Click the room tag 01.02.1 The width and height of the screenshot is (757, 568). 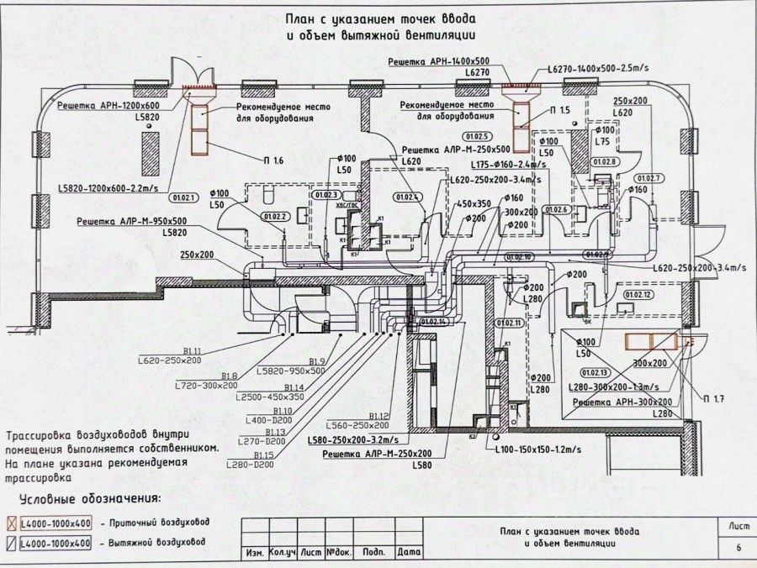pyautogui.click(x=184, y=199)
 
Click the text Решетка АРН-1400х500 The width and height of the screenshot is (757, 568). pyautogui.click(x=438, y=62)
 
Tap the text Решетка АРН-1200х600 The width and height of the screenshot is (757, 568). pyautogui.click(x=109, y=106)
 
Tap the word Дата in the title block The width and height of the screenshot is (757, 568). pyautogui.click(x=408, y=553)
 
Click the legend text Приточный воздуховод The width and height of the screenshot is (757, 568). pyautogui.click(x=157, y=521)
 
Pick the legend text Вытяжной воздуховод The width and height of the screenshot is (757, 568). pyautogui.click(x=157, y=543)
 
